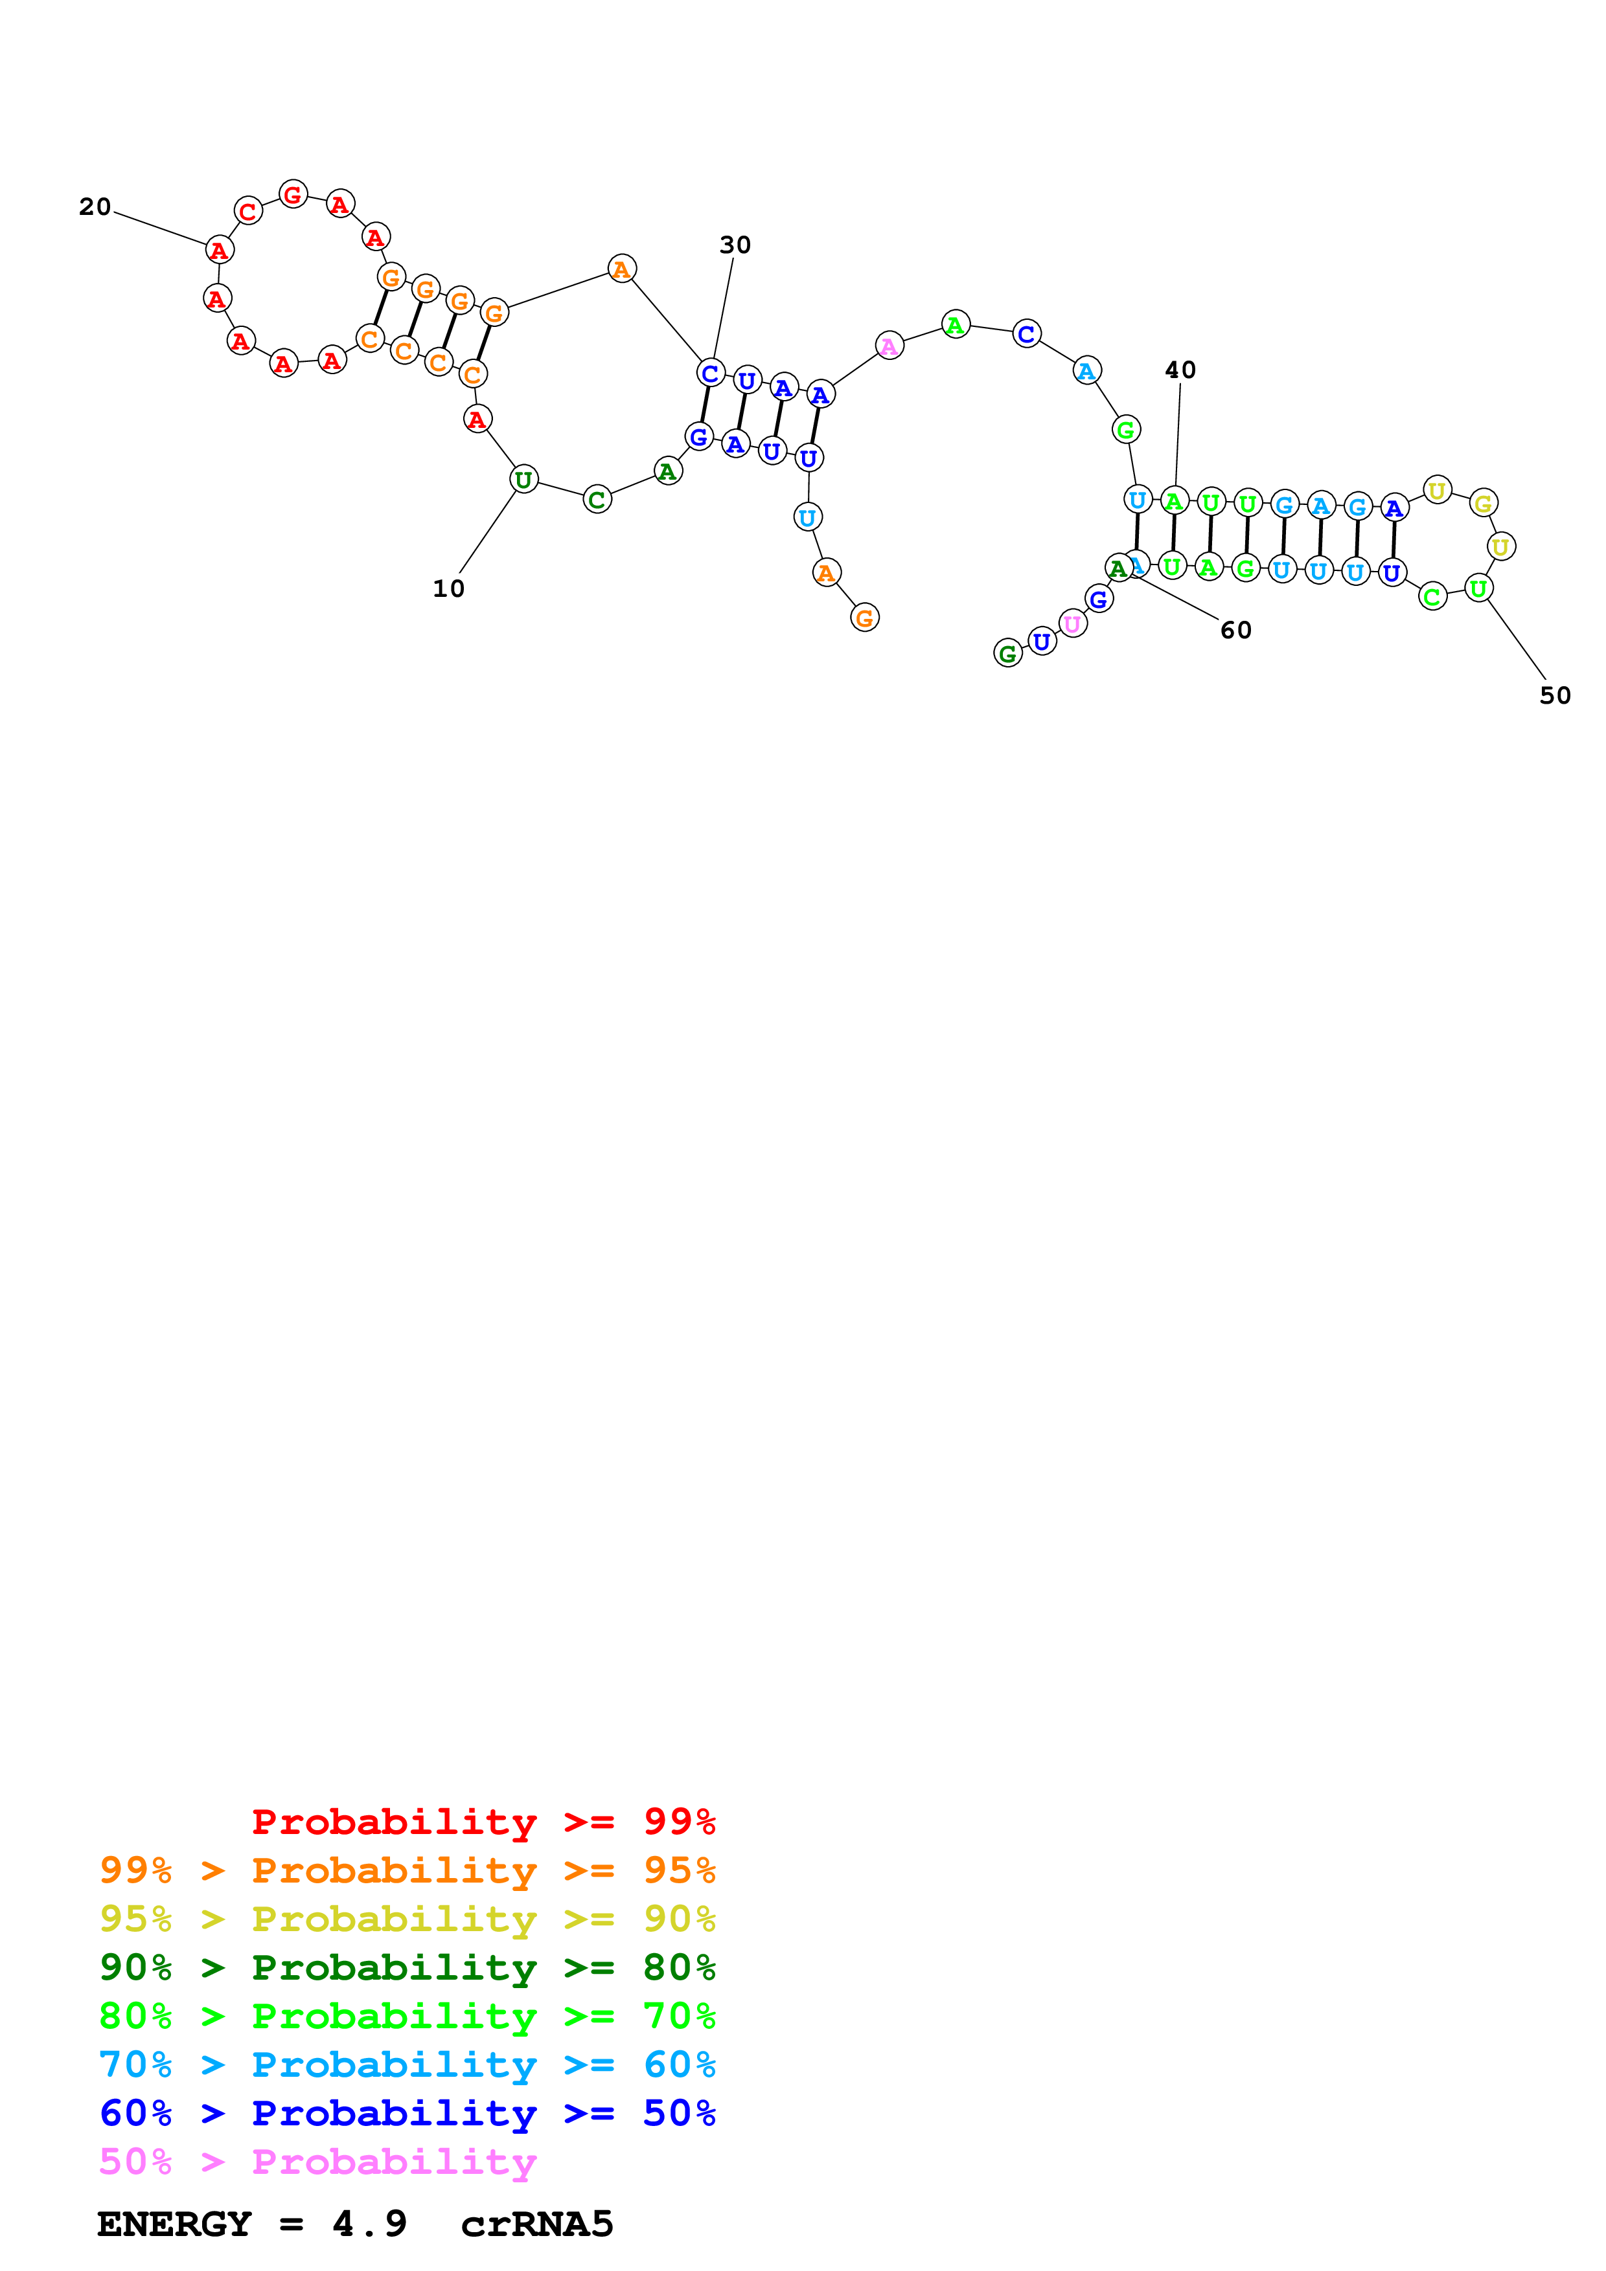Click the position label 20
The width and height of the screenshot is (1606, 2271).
[x=95, y=207]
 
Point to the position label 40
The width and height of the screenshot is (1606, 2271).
[x=1180, y=370]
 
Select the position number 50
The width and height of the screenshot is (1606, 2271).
[x=1555, y=695]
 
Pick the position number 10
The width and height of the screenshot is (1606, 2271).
[x=448, y=588]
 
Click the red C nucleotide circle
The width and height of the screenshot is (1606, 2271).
[x=248, y=210]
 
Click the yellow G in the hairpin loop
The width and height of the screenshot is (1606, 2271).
[x=1482, y=504]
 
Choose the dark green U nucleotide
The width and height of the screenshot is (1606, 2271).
[x=523, y=480]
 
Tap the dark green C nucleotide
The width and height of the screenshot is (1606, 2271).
[x=597, y=500]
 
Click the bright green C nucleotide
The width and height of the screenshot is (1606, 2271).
[x=1432, y=596]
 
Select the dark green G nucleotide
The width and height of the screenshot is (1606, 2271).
[x=1007, y=653]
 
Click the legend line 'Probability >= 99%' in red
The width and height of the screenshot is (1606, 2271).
[x=483, y=1821]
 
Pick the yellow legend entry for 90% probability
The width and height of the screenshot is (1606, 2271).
[x=407, y=1918]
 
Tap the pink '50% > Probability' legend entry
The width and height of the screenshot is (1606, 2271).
[x=317, y=2161]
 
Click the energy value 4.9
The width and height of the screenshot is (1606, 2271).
[x=369, y=2224]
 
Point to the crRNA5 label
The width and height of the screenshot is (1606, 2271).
[x=536, y=2224]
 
